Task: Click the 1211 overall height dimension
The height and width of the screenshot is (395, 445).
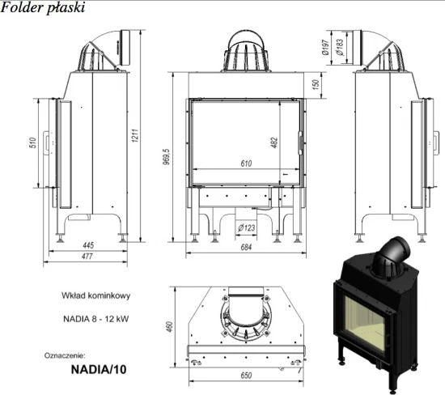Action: click(x=135, y=135)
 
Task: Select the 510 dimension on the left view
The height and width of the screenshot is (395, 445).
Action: click(x=33, y=142)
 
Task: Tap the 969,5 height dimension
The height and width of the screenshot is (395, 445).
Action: click(x=167, y=157)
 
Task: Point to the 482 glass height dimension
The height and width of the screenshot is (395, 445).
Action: click(x=274, y=142)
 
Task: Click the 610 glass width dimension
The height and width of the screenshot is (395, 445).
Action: click(x=246, y=164)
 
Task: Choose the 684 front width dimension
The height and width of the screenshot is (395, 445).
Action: click(x=246, y=248)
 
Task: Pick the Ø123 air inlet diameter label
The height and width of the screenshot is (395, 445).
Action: click(x=246, y=227)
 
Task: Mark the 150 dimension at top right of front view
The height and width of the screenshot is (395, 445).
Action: click(x=316, y=84)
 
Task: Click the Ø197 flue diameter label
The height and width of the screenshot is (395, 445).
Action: click(x=325, y=47)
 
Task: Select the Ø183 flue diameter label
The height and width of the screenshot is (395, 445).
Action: click(x=340, y=47)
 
